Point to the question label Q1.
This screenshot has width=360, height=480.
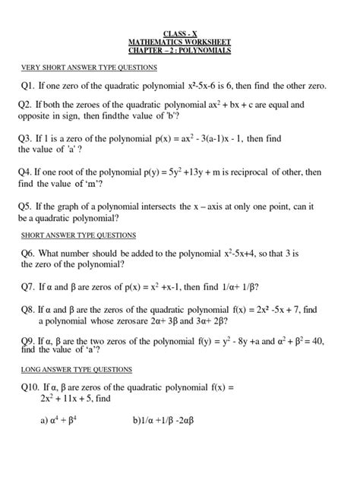click(x=29, y=86)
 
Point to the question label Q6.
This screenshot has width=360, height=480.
click(x=29, y=253)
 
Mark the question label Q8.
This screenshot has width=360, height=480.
click(x=29, y=310)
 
